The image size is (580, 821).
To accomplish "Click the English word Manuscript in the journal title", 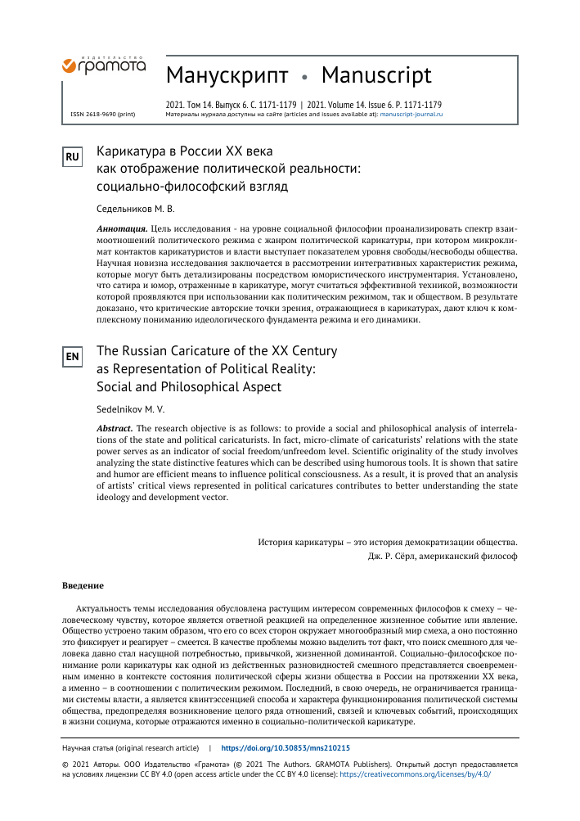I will [x=376, y=75].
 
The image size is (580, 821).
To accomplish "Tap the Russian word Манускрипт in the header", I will [x=227, y=75].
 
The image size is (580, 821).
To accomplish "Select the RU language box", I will [x=73, y=156].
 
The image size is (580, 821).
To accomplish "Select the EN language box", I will [x=73, y=356].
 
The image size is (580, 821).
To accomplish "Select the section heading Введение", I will [x=83, y=586].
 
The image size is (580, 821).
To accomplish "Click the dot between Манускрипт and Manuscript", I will [x=304, y=78].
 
